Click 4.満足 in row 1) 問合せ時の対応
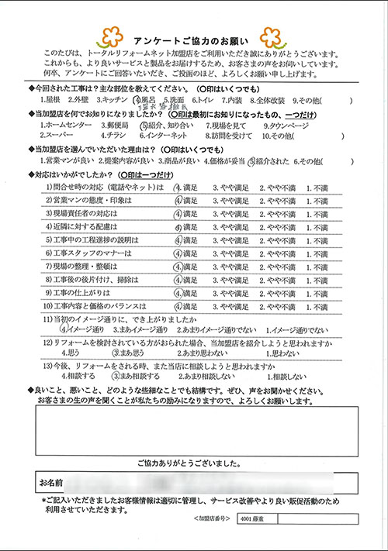(x=187, y=187)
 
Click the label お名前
(x=51, y=482)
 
